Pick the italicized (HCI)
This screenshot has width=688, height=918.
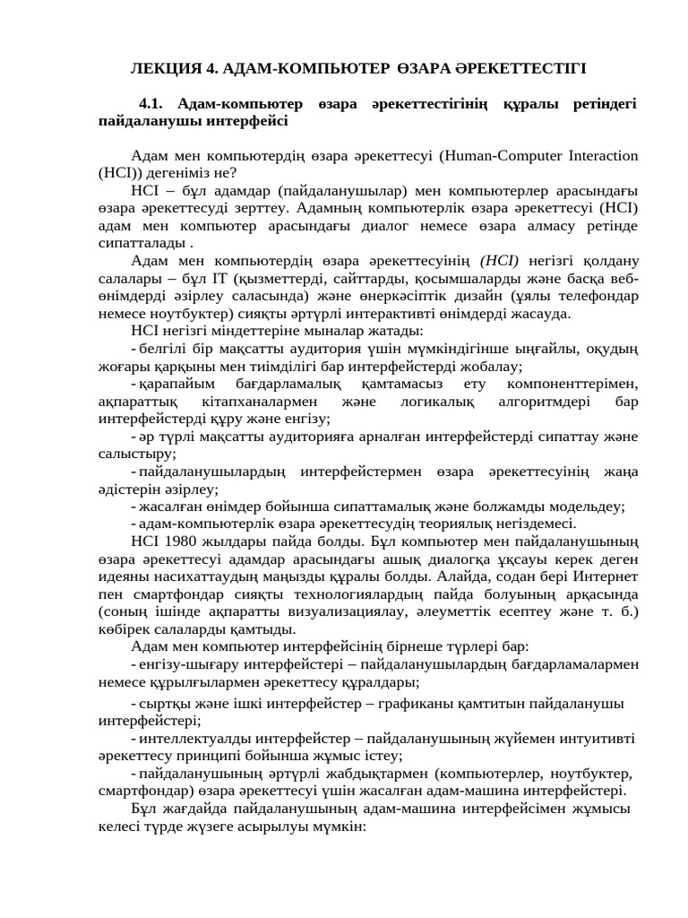click(500, 261)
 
